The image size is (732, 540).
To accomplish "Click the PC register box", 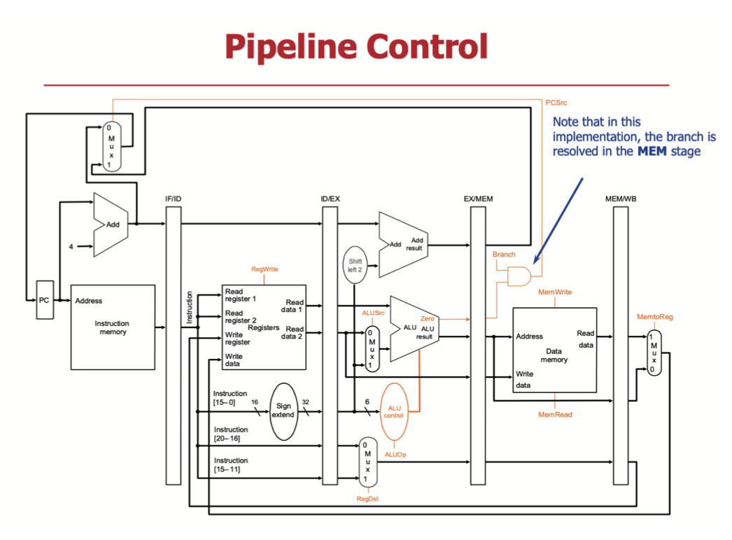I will point(44,301).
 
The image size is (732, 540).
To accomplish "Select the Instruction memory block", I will point(113,327).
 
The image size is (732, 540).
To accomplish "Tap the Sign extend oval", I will point(283,411).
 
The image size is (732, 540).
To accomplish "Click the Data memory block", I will point(554,350).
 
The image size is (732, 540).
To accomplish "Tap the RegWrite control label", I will point(265,269).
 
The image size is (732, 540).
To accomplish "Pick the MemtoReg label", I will point(654,317).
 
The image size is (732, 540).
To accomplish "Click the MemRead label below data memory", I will point(554,415).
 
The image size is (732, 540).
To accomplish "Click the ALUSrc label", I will point(373,313).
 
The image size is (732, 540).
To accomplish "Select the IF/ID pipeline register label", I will point(173,199).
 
